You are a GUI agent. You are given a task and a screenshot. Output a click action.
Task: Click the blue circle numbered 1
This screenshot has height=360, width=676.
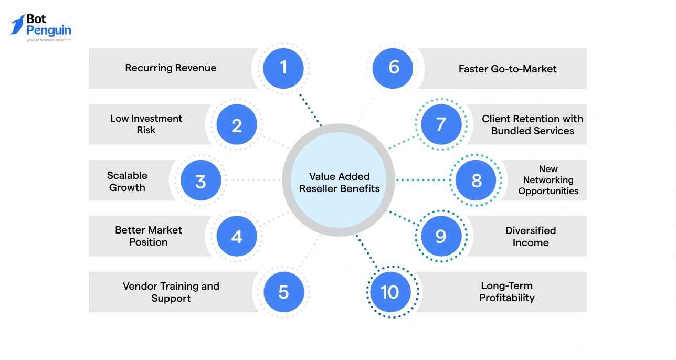pyautogui.click(x=283, y=68)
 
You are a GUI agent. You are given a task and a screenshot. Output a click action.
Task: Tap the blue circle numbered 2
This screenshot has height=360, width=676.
pyautogui.click(x=237, y=125)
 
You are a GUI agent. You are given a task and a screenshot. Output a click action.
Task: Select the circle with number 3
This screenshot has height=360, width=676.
pyautogui.click(x=200, y=181)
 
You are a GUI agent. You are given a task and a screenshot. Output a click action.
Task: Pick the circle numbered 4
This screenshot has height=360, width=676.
pyautogui.click(x=237, y=236)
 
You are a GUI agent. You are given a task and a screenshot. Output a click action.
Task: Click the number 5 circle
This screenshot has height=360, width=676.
pyautogui.click(x=283, y=292)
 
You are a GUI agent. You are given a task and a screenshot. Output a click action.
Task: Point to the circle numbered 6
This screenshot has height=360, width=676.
pyautogui.click(x=394, y=68)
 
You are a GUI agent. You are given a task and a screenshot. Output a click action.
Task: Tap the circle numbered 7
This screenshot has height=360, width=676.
pyautogui.click(x=441, y=125)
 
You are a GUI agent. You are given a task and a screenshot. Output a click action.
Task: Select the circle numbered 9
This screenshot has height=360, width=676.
pyautogui.click(x=441, y=236)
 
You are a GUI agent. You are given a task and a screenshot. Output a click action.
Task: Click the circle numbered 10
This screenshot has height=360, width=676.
pyautogui.click(x=390, y=292)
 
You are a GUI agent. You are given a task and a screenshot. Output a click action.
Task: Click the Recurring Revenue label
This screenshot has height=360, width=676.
pyautogui.click(x=171, y=68)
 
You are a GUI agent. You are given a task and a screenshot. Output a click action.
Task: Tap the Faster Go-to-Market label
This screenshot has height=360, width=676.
pyautogui.click(x=508, y=69)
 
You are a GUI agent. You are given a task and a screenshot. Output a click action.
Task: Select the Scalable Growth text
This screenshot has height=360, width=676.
pyautogui.click(x=127, y=182)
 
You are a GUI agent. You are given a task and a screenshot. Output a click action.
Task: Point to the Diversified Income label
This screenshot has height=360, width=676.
pyautogui.click(x=531, y=237)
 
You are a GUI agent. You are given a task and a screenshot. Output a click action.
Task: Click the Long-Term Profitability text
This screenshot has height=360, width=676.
pyautogui.click(x=507, y=292)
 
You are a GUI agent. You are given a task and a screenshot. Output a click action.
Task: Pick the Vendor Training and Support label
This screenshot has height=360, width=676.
pyautogui.click(x=171, y=292)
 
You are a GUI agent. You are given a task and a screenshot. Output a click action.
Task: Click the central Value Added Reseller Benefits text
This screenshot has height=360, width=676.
pyautogui.click(x=339, y=183)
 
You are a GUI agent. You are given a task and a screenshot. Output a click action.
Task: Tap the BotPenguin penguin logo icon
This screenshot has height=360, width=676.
pyautogui.click(x=17, y=25)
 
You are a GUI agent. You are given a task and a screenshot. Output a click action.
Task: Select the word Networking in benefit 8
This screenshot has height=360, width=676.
pyautogui.click(x=548, y=180)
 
